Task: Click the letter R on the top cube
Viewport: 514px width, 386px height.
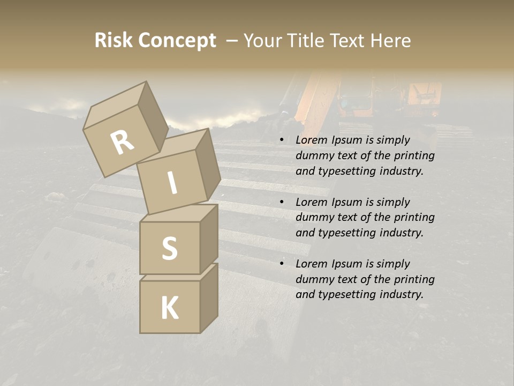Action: pos(122,143)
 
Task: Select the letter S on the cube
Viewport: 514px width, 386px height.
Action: pos(169,248)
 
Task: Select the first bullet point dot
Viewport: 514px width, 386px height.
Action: pos(282,140)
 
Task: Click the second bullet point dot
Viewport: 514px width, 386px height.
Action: pos(282,202)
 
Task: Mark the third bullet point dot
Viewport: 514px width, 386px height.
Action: pos(282,264)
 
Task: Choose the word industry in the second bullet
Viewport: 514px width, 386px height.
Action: pos(402,233)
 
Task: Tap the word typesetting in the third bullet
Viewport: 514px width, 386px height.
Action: pos(345,294)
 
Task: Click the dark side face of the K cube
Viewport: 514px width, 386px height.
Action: pos(209,298)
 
